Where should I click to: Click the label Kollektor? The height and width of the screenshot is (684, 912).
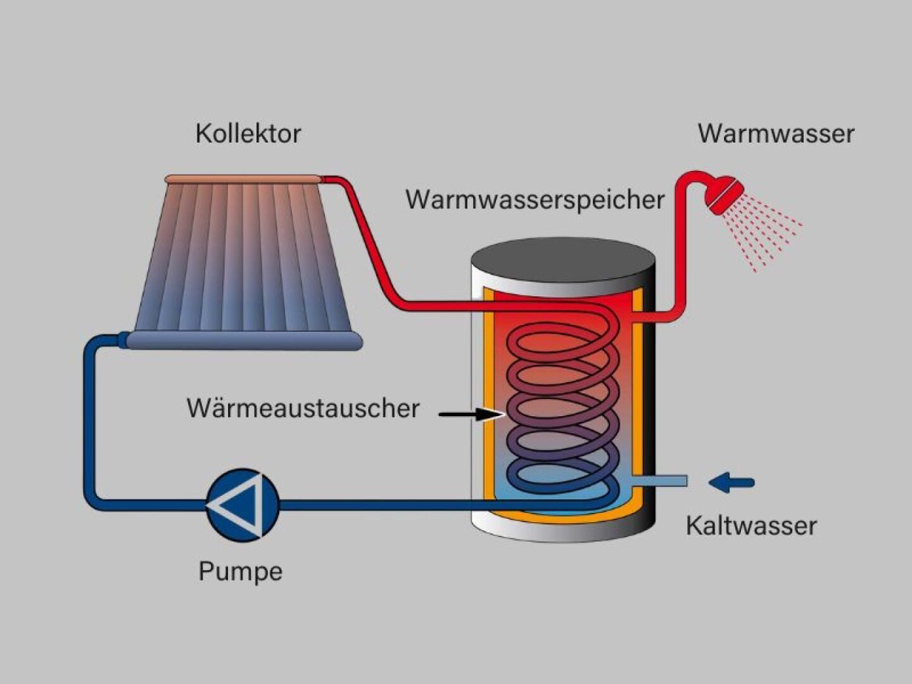(248, 134)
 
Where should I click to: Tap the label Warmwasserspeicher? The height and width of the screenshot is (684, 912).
(535, 199)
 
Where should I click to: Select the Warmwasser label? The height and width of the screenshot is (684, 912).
(776, 134)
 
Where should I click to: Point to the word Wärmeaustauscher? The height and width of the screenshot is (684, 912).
(303, 408)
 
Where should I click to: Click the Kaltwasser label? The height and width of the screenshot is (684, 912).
(751, 526)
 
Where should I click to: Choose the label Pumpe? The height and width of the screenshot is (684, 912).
(240, 571)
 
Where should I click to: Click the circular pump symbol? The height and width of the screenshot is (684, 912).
(243, 505)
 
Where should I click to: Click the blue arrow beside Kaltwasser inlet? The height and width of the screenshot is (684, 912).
(731, 483)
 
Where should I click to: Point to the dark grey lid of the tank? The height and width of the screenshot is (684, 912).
(562, 260)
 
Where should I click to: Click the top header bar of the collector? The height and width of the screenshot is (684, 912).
(244, 179)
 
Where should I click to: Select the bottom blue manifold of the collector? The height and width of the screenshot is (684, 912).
(244, 341)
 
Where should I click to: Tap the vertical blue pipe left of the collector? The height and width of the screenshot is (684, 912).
(89, 418)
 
